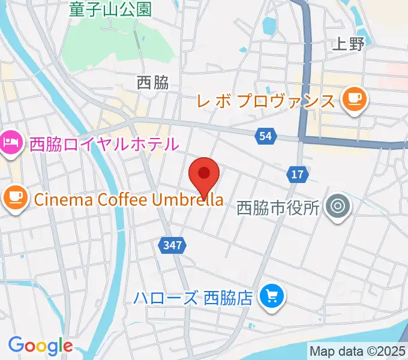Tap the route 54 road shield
point(266,137)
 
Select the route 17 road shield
point(298,174)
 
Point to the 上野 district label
point(348,44)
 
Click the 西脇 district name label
point(152,83)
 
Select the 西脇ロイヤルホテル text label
point(104,144)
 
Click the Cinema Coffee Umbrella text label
point(129,199)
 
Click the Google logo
point(40,345)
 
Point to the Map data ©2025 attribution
point(358,351)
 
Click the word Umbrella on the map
point(188,199)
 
